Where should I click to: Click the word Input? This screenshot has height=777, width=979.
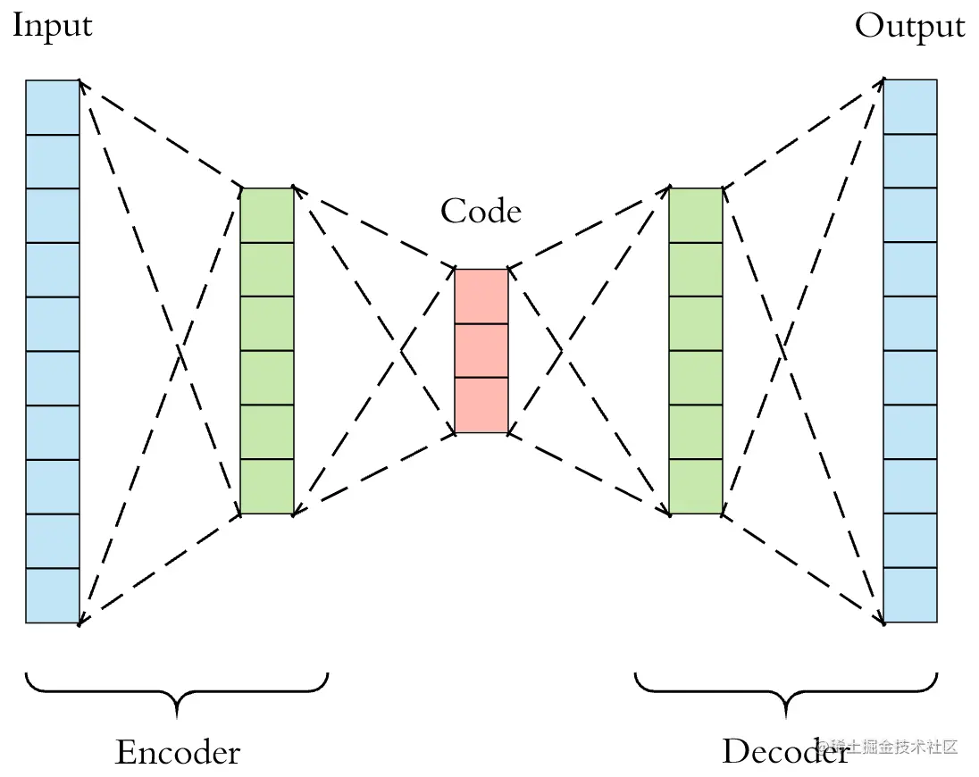point(52,25)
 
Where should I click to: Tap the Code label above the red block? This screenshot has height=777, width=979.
point(481,212)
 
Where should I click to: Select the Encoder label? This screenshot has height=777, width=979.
point(178,752)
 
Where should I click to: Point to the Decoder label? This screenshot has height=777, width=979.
point(784,752)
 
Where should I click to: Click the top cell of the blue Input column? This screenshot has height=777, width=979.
point(53,107)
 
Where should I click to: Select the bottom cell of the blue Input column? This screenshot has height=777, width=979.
point(53,595)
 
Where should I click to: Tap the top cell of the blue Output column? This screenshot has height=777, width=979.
point(910,107)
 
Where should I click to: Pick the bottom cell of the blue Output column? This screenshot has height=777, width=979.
point(910,595)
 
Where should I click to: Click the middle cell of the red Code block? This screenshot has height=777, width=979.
point(481,350)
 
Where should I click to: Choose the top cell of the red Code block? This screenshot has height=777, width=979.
point(481,296)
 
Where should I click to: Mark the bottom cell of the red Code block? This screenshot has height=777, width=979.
point(481,405)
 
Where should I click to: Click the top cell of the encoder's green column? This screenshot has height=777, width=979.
point(267,215)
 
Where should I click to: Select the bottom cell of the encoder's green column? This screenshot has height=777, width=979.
point(267,487)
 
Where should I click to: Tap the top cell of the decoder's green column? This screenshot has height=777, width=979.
point(696,215)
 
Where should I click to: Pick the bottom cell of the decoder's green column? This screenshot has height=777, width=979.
point(696,487)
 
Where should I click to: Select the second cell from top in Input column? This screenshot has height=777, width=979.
point(53,162)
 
